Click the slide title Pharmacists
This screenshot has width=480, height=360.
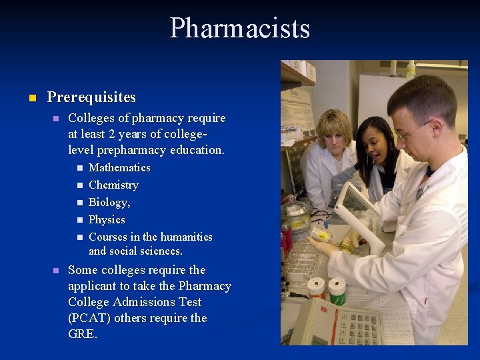coord(240,29)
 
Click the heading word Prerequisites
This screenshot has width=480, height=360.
coord(91,97)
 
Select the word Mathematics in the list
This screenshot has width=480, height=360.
coord(119,167)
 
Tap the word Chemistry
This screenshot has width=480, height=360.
coord(113,185)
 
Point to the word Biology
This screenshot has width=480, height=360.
coord(108,202)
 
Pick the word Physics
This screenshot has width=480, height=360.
coord(107,219)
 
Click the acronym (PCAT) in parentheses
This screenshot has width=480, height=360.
coord(89,318)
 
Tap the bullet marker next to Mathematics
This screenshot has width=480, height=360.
coord(78,168)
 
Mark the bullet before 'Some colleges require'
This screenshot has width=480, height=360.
coord(57,271)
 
